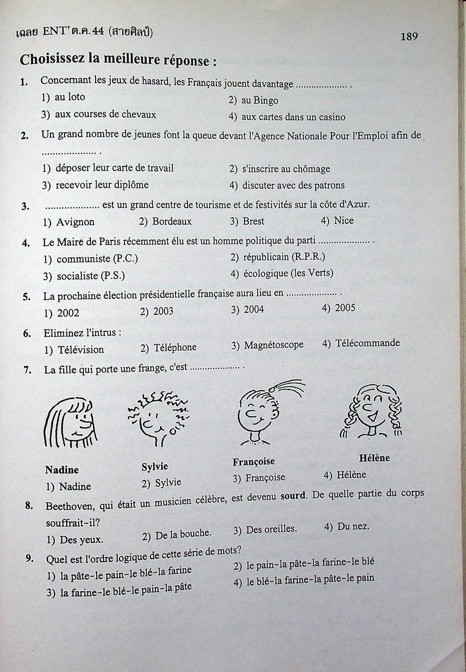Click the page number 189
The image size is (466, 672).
click(x=409, y=36)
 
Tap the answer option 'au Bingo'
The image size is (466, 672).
click(x=260, y=100)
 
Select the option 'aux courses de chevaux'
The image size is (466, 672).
click(x=105, y=114)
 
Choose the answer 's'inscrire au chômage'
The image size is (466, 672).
click(x=286, y=169)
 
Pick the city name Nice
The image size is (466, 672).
click(x=344, y=220)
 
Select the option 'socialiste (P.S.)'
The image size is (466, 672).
click(x=90, y=276)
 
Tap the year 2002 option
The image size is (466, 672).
click(x=68, y=313)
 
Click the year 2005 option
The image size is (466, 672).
click(x=345, y=308)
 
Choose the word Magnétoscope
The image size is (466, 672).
click(x=274, y=345)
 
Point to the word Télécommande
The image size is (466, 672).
click(x=368, y=343)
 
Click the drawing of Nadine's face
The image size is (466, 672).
click(x=70, y=423)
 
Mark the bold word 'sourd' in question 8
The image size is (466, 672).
click(x=293, y=496)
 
